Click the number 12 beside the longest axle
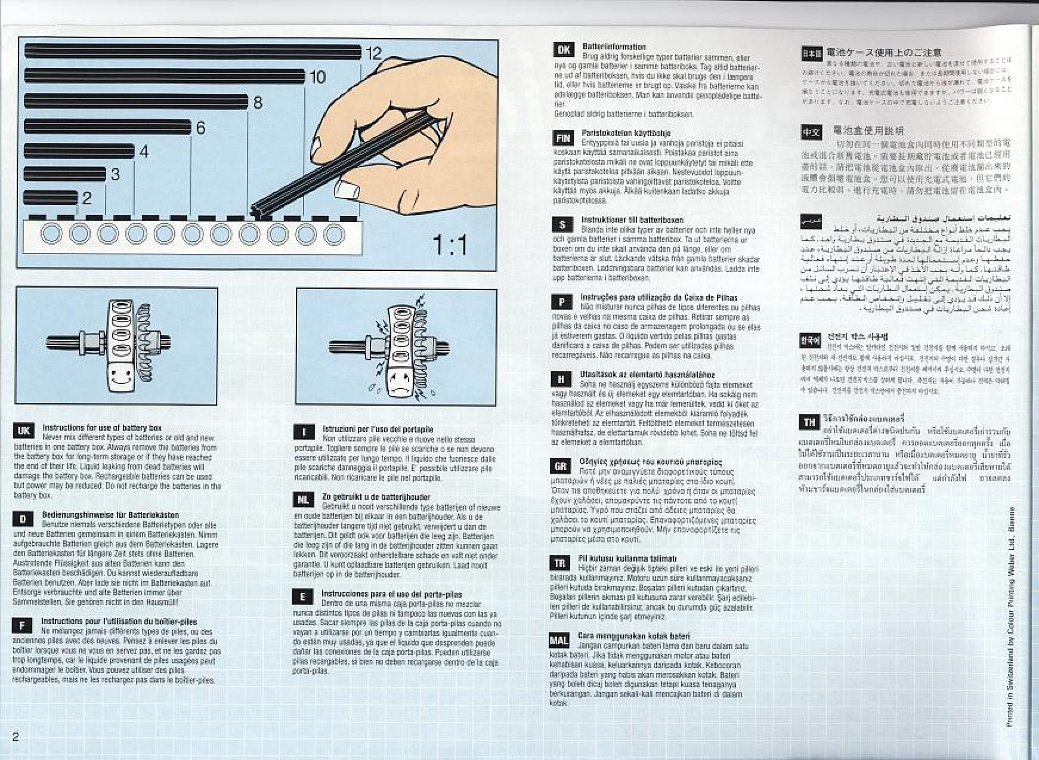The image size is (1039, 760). (373, 53)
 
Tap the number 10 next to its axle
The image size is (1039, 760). (317, 77)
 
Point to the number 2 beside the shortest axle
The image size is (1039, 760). (87, 198)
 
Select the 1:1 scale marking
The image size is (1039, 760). (450, 245)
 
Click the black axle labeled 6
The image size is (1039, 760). (107, 127)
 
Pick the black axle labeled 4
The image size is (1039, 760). (79, 152)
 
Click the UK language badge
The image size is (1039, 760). (23, 431)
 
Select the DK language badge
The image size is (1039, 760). (564, 50)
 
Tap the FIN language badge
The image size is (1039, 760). (563, 138)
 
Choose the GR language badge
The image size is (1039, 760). (561, 466)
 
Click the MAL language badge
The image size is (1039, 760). (558, 641)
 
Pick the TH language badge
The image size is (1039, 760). (809, 422)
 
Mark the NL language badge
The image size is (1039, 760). (303, 499)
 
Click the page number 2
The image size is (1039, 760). (16, 736)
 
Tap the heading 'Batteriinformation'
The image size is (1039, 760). (614, 47)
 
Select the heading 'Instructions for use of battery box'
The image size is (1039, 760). (101, 428)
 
